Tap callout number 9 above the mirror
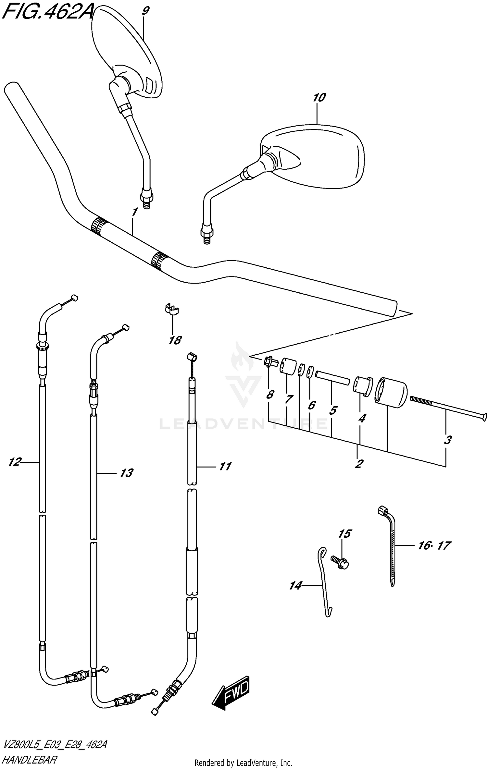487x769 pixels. click(145, 11)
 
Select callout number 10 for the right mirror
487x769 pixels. click(319, 97)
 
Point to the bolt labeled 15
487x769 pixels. click(339, 562)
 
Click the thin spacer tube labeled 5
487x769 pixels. click(331, 378)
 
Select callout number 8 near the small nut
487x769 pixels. click(269, 395)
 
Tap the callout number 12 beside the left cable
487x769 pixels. click(15, 461)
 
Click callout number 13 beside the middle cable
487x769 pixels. click(126, 473)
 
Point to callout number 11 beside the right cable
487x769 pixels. click(225, 466)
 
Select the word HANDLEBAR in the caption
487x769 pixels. click(30, 760)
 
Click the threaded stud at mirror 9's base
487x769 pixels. click(147, 204)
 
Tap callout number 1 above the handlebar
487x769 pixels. click(134, 212)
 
